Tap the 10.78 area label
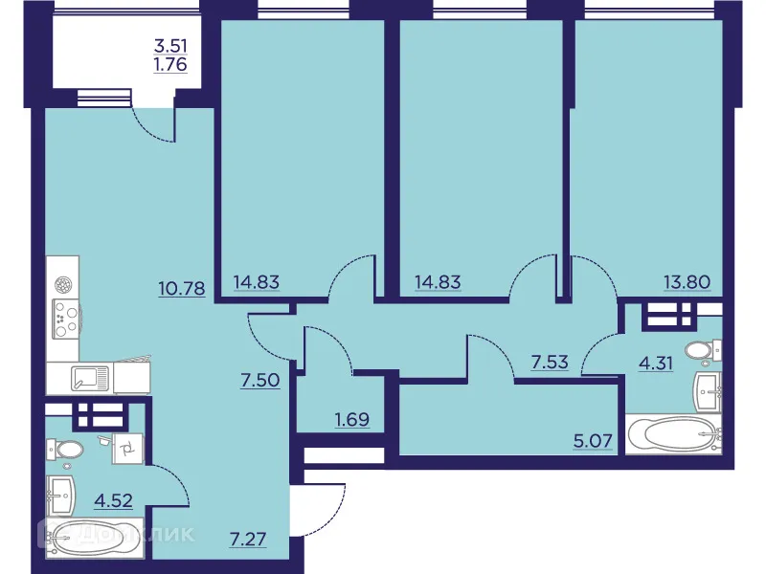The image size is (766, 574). coord(182,287)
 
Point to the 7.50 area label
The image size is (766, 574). coord(259,380)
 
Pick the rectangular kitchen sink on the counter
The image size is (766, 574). coord(91,379)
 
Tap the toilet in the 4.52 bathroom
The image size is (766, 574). coord(70,448)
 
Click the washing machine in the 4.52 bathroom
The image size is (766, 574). coord(125,447)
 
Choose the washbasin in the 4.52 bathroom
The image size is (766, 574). coord(61,496)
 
